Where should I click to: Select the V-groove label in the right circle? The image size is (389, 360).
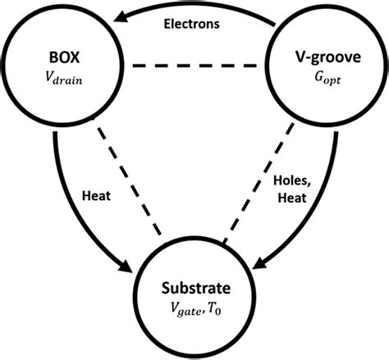pos(313,61)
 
